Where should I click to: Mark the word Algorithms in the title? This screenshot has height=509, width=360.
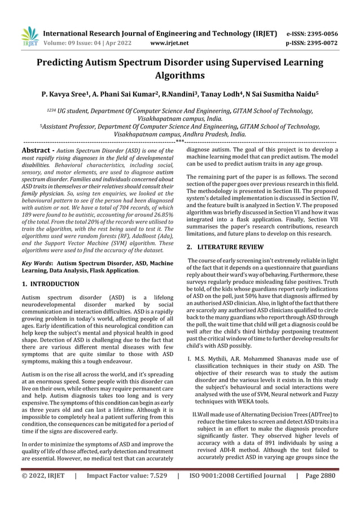coord(180,76)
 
